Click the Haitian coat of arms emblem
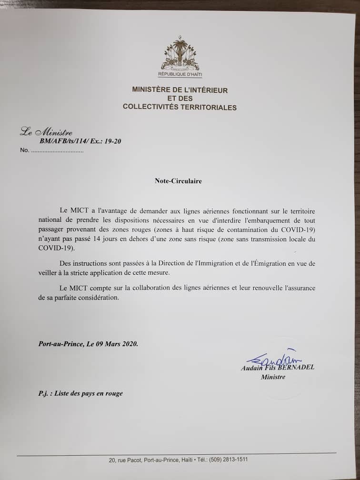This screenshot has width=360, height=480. coord(180,55)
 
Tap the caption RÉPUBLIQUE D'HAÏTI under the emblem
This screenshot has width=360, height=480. coord(180,75)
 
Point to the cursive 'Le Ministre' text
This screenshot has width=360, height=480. coord(46,132)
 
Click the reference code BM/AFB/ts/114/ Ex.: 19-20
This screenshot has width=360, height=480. coord(77,141)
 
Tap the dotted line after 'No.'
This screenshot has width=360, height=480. coord(57,151)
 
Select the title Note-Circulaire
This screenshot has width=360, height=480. coord(178,181)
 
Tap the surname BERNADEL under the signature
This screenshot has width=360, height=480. coord(298,367)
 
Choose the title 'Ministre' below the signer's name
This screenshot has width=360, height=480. coord(273,377)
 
